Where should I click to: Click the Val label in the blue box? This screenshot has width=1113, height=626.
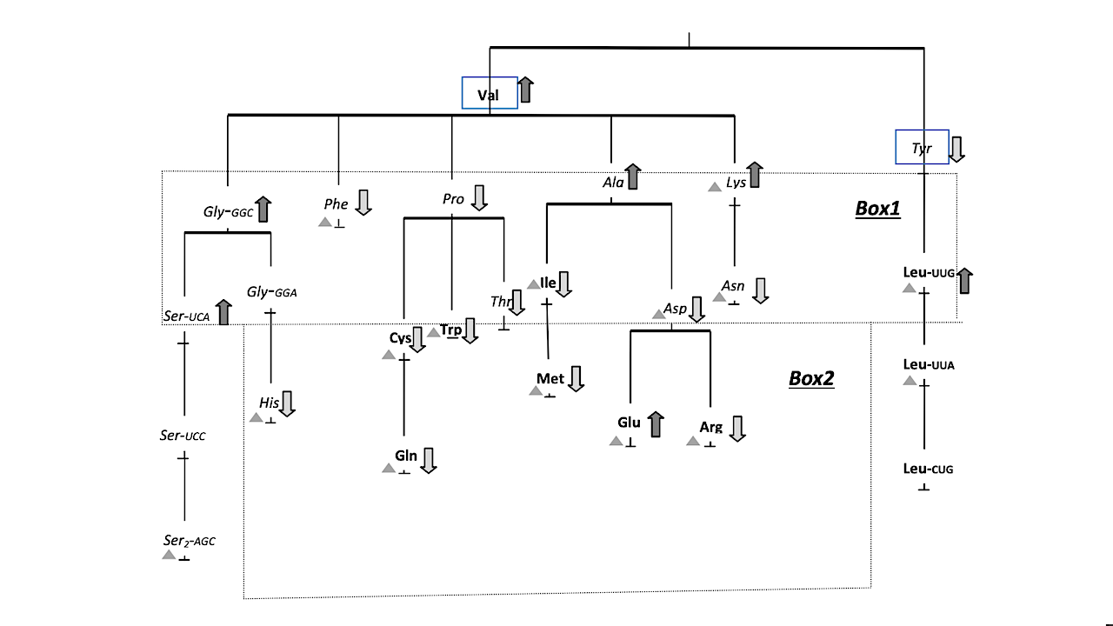pyautogui.click(x=488, y=94)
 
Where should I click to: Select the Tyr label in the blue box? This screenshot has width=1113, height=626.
pyautogui.click(x=922, y=149)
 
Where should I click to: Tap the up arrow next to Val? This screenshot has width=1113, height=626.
pyautogui.click(x=526, y=90)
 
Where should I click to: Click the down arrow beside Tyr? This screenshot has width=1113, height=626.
pyautogui.click(x=956, y=149)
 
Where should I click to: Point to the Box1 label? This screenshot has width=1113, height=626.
pyautogui.click(x=877, y=209)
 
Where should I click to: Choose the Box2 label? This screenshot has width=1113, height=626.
pyautogui.click(x=811, y=378)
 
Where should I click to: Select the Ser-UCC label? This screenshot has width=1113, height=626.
pyautogui.click(x=183, y=436)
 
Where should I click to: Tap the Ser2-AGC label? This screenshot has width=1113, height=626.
pyautogui.click(x=189, y=541)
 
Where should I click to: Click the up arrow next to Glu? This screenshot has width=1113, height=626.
pyautogui.click(x=656, y=424)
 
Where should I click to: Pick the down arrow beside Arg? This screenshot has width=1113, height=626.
pyautogui.click(x=736, y=429)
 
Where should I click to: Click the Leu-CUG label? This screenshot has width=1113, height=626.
pyautogui.click(x=928, y=469)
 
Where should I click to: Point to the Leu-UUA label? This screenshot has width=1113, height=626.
pyautogui.click(x=929, y=364)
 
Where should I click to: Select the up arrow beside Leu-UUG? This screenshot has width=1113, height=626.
pyautogui.click(x=964, y=280)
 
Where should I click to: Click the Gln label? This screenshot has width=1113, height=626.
pyautogui.click(x=405, y=456)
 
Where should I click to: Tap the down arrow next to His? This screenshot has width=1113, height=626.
pyautogui.click(x=288, y=403)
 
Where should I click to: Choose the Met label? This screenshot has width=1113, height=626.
pyautogui.click(x=550, y=378)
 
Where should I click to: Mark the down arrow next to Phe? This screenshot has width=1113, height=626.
pyautogui.click(x=363, y=202)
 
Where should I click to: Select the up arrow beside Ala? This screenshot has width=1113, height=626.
pyautogui.click(x=633, y=176)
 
